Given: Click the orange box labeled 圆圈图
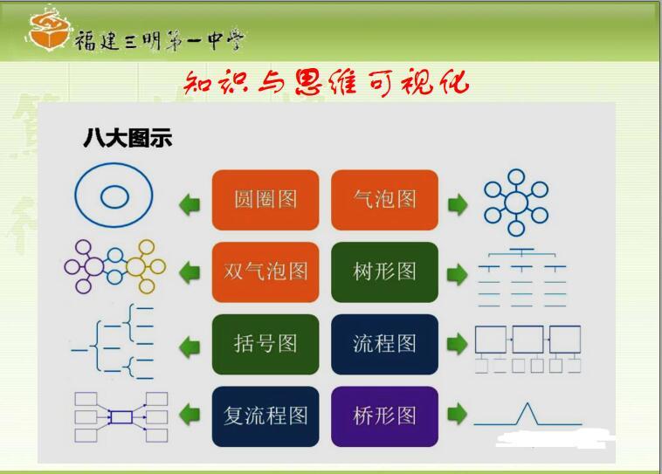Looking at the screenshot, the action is coord(265,200).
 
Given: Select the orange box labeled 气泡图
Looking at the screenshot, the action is coord(384,200).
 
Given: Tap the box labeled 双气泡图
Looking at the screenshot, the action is coord(265,272).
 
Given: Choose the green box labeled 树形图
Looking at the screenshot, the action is coord(384,272).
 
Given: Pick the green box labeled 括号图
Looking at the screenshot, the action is coord(265,344).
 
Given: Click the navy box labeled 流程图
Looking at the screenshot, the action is coord(384,344).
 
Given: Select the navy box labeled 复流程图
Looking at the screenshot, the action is coord(265,416).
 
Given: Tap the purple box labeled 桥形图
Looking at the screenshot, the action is coord(384,416).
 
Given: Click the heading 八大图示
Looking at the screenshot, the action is coord(128,138).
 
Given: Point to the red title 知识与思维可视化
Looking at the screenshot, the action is coord(326,82).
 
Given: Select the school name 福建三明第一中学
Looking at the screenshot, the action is coord(159,40).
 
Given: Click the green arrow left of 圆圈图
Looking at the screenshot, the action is coord(190,205).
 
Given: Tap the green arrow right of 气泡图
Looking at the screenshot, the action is coord(458,205).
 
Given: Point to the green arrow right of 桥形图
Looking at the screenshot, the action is coord(458,414).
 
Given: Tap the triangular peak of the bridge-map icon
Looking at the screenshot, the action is coord(528,404).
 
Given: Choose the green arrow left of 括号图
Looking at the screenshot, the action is coord(190,347).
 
